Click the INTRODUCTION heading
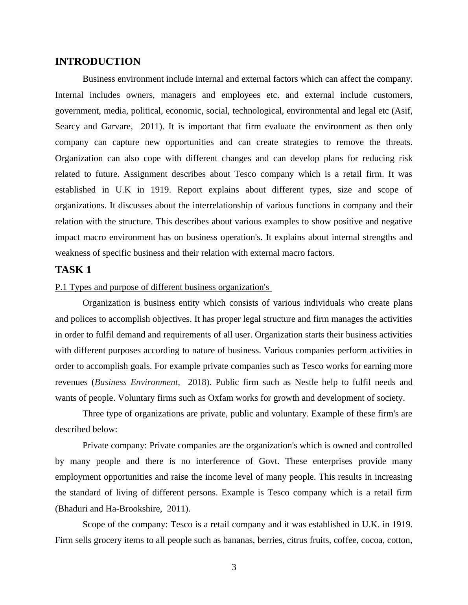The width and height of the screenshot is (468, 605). [98, 62]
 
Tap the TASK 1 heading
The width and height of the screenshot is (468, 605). [73, 270]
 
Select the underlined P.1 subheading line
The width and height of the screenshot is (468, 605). [163, 287]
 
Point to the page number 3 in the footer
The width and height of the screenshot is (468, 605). [234, 567]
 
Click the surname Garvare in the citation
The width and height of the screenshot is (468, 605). [116, 126]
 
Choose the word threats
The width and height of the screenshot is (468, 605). [397, 142]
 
